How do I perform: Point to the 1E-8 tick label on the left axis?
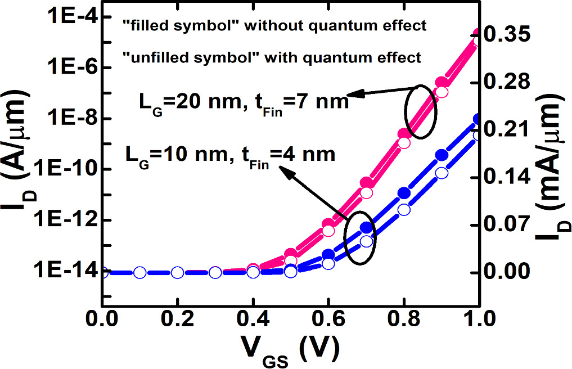(66, 119)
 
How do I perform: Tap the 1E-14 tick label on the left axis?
(63, 272)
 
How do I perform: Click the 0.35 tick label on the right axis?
(508, 35)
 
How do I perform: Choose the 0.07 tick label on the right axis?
(508, 225)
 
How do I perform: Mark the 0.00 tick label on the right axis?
(508, 272)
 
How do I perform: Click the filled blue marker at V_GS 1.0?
(478, 119)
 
